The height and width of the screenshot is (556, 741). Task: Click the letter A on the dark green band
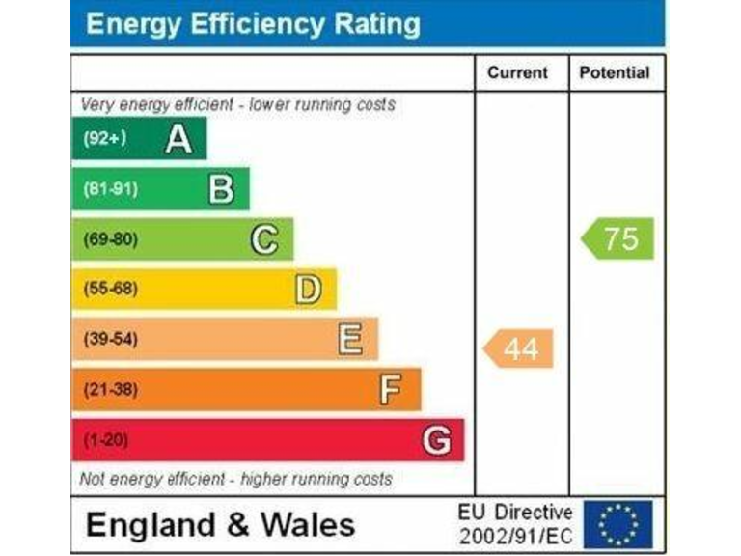pyautogui.click(x=178, y=140)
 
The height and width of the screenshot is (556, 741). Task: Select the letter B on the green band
pyautogui.click(x=221, y=189)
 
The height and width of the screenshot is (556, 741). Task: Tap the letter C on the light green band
pyautogui.click(x=264, y=238)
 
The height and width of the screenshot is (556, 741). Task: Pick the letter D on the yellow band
pyautogui.click(x=308, y=289)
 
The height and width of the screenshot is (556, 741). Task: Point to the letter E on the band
pyautogui.click(x=350, y=339)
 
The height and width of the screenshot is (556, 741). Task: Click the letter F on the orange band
pyautogui.click(x=391, y=390)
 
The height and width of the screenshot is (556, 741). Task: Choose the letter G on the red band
pyautogui.click(x=436, y=441)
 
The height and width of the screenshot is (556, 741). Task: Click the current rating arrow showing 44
pyautogui.click(x=519, y=348)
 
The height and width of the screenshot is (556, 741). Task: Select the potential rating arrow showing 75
pyautogui.click(x=618, y=238)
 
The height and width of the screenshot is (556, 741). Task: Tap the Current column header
pyautogui.click(x=517, y=73)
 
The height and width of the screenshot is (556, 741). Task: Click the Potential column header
pyautogui.click(x=615, y=73)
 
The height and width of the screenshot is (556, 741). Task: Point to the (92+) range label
pyautogui.click(x=103, y=139)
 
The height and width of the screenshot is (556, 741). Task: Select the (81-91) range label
pyautogui.click(x=109, y=189)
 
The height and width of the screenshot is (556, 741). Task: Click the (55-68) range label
pyautogui.click(x=110, y=289)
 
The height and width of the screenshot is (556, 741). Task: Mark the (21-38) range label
pyautogui.click(x=110, y=390)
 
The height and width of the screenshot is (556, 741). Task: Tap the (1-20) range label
pyautogui.click(x=105, y=441)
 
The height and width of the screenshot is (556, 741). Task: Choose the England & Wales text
pyautogui.click(x=220, y=525)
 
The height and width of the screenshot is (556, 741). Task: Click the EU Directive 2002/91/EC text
pyautogui.click(x=515, y=523)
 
